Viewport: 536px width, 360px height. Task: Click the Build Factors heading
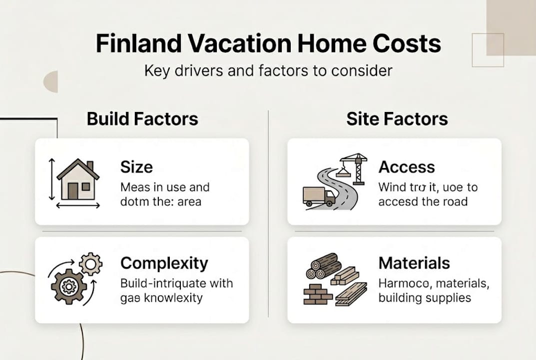coord(142,119)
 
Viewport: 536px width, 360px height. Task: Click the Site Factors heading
coord(397,119)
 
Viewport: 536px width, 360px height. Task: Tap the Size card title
coord(136,167)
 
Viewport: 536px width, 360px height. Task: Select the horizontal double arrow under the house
coord(78,205)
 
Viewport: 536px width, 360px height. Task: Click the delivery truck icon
coord(318,195)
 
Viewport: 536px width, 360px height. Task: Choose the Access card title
coord(407,167)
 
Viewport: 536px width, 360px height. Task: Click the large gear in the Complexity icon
coord(68,286)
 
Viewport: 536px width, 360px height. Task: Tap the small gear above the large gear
coord(90,263)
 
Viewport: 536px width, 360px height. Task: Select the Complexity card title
coord(164,263)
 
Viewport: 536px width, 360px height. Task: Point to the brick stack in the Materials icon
coord(318,295)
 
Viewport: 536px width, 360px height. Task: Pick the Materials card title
coord(414,263)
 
